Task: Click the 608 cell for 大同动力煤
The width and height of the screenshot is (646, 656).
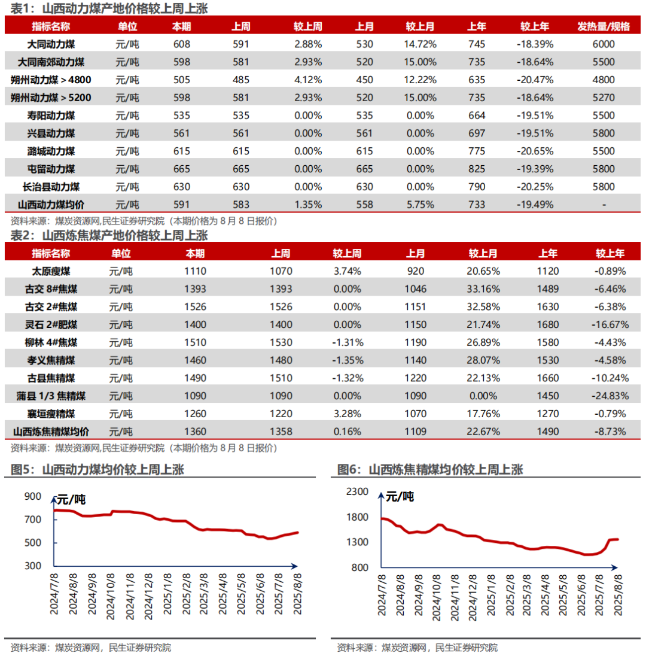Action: tap(181, 44)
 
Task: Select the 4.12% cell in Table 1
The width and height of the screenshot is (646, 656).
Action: tap(307, 80)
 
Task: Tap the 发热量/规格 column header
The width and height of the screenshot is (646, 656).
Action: tap(604, 26)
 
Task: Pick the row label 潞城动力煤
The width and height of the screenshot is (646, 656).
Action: tap(51, 151)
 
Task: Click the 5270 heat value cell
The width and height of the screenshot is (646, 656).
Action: tap(604, 98)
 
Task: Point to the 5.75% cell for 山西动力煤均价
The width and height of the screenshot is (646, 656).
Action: tap(420, 205)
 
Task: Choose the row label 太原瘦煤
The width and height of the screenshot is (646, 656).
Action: tap(51, 271)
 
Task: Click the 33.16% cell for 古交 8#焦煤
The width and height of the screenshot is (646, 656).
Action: tap(483, 288)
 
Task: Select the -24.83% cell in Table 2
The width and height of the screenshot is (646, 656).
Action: tap(610, 396)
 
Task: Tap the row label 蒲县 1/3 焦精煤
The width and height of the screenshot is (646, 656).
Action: tap(51, 396)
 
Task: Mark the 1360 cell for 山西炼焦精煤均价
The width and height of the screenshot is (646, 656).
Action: tap(195, 432)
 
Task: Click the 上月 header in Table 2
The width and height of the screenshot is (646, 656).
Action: tap(415, 253)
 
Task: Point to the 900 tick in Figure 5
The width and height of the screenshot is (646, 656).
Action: tap(33, 496)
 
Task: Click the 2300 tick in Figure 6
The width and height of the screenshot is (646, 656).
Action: tap(357, 491)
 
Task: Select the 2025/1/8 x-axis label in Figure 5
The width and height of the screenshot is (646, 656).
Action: tap(167, 594)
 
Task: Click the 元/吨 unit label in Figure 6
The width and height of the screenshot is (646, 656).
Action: tap(400, 497)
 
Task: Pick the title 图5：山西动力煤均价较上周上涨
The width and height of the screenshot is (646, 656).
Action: tap(97, 469)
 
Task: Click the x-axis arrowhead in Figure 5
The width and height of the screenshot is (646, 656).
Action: tap(294, 566)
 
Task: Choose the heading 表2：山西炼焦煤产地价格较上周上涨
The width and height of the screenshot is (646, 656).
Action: tap(109, 236)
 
